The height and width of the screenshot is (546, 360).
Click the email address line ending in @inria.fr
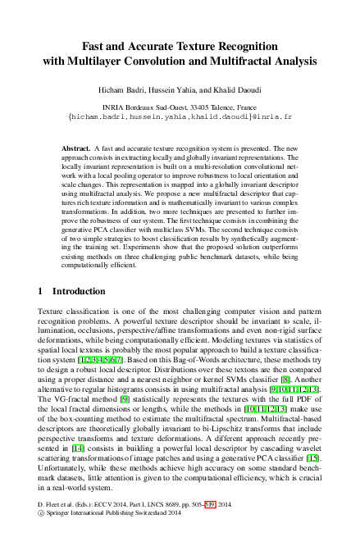click(180, 117)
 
